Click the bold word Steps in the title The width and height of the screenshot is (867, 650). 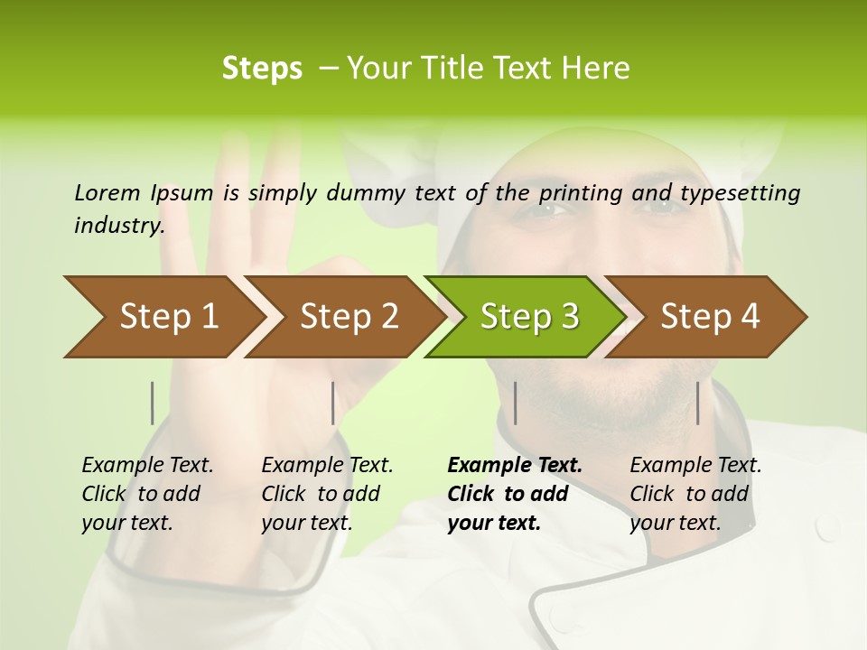(x=262, y=69)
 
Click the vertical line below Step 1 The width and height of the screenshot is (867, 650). (x=153, y=403)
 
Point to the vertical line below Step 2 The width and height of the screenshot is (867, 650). (x=333, y=403)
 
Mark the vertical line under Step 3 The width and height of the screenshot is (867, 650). (x=515, y=403)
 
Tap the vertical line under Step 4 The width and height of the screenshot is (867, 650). (x=698, y=403)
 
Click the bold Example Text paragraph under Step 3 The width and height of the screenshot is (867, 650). (x=515, y=494)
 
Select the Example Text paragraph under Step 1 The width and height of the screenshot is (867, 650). (x=147, y=494)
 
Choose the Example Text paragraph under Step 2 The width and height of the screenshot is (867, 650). (x=327, y=494)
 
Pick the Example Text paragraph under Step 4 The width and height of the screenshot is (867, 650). (x=695, y=494)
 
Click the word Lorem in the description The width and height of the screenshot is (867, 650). (x=107, y=192)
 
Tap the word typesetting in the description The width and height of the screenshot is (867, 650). (x=746, y=193)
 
